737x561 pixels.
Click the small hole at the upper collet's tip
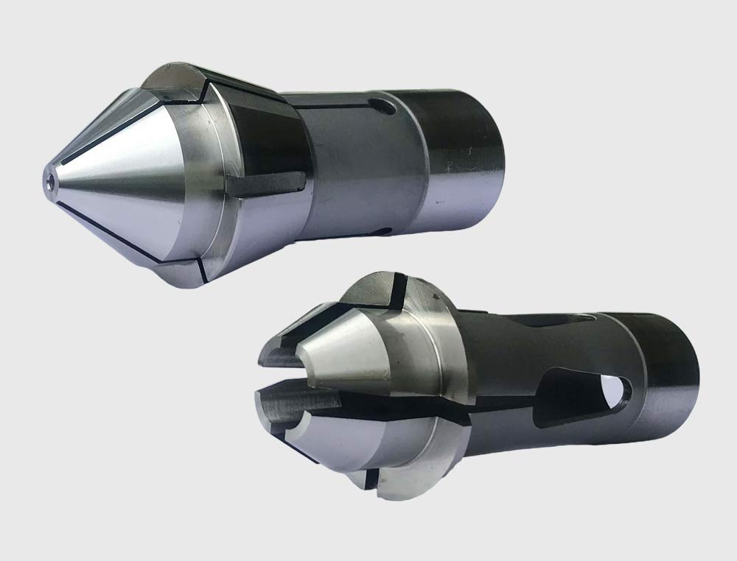[x=49, y=177]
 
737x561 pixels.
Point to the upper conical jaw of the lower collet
[x=346, y=353]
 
